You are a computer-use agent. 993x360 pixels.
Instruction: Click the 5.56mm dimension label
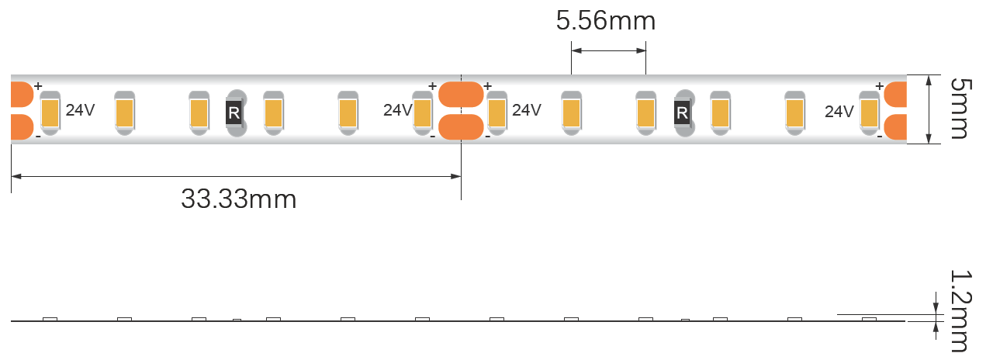pyautogui.click(x=605, y=21)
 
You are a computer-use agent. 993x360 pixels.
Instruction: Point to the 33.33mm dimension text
pyautogui.click(x=238, y=199)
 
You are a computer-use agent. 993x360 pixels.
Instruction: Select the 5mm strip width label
pyautogui.click(x=959, y=108)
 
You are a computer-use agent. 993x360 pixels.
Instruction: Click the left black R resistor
pyautogui.click(x=234, y=113)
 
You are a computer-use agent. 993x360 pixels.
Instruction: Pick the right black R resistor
pyautogui.click(x=682, y=113)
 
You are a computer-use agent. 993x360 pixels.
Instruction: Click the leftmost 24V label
pyautogui.click(x=80, y=110)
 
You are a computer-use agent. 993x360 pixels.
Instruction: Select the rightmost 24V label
pyautogui.click(x=839, y=112)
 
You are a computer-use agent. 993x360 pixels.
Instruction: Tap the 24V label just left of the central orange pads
pyautogui.click(x=397, y=110)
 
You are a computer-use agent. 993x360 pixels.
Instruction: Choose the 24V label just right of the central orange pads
pyautogui.click(x=526, y=110)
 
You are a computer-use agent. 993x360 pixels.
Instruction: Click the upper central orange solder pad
pyautogui.click(x=461, y=94)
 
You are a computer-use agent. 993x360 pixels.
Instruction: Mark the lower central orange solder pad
pyautogui.click(x=461, y=126)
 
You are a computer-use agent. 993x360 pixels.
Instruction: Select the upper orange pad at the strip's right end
pyautogui.click(x=895, y=94)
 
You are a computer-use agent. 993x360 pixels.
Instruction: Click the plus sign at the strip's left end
pyautogui.click(x=37, y=86)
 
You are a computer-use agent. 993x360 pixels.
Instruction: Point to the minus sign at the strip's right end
pyautogui.click(x=880, y=137)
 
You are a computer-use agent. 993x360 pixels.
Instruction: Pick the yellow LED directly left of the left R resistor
pyautogui.click(x=199, y=113)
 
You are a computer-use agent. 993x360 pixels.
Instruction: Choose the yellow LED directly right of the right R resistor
pyautogui.click(x=720, y=113)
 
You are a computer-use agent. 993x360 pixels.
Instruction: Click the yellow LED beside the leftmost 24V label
pyautogui.click(x=50, y=113)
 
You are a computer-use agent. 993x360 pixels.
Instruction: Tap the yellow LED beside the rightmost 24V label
pyautogui.click(x=868, y=113)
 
